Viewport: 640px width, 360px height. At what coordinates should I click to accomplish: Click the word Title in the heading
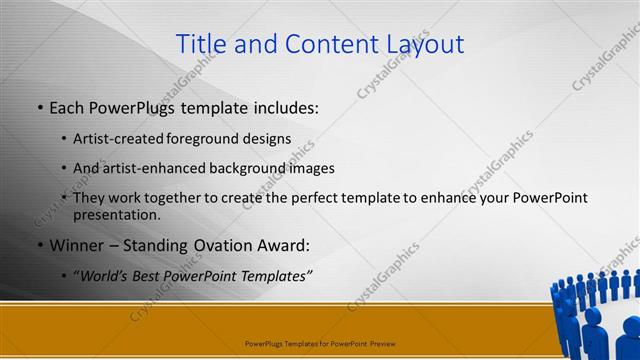[x=199, y=44]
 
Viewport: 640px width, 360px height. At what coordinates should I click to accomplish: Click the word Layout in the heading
[x=422, y=44]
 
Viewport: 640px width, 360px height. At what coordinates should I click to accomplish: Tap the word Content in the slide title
[x=324, y=44]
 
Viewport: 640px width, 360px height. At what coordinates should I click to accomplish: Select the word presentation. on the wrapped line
[x=116, y=214]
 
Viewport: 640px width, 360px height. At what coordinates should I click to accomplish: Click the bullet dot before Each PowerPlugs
[x=39, y=108]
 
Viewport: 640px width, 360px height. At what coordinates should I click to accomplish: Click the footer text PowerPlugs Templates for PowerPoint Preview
[x=320, y=343]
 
